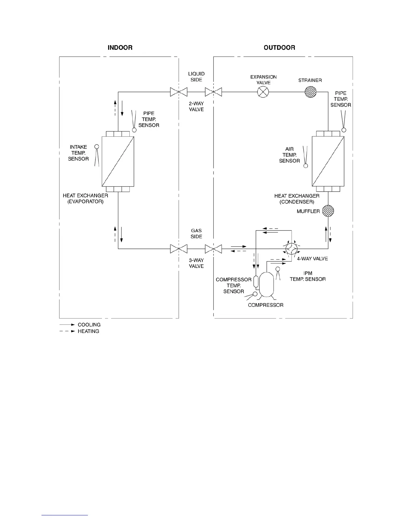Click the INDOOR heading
(x=120, y=48)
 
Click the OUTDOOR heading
(x=279, y=48)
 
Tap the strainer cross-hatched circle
(x=310, y=92)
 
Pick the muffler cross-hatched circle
(x=328, y=211)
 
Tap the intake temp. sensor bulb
(x=96, y=147)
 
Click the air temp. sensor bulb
(x=306, y=166)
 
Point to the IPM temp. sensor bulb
(x=278, y=269)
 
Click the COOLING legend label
(x=89, y=325)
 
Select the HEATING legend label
(x=88, y=331)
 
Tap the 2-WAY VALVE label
(x=196, y=107)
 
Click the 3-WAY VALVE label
(x=196, y=263)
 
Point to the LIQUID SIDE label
(x=196, y=77)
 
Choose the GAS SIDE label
(x=196, y=233)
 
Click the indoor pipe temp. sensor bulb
(x=134, y=130)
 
